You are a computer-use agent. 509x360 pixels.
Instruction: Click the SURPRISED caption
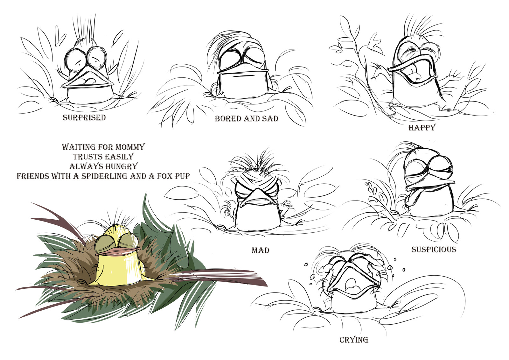pos(84,117)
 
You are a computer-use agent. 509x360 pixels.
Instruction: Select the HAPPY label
pos(422,127)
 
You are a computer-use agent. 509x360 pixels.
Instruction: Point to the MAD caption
pos(261,250)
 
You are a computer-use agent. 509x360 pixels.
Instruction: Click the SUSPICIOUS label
pos(434,250)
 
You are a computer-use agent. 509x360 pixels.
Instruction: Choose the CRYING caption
pos(354,340)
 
